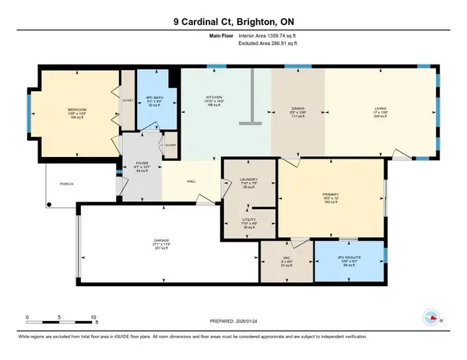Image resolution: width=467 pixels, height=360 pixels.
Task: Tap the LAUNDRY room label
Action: point(238,180)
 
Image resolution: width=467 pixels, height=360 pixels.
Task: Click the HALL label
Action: point(190,183)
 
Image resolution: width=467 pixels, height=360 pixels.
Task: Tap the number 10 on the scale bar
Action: point(93,317)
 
